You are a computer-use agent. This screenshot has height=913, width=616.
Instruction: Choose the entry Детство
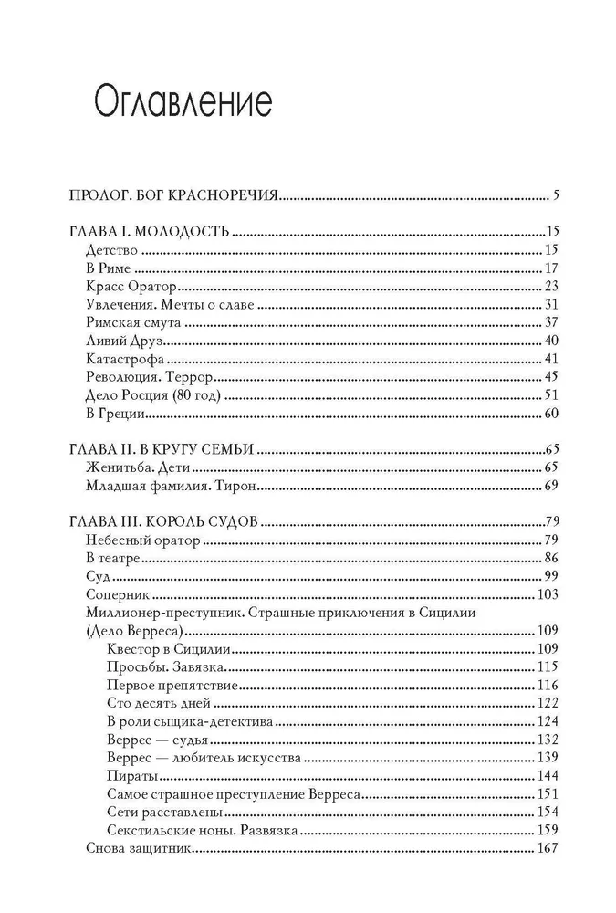pyautogui.click(x=110, y=248)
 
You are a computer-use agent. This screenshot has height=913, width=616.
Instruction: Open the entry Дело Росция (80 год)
pyautogui.click(x=152, y=395)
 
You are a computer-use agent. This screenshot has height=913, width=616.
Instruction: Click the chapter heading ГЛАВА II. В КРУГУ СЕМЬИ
pyautogui.click(x=161, y=449)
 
